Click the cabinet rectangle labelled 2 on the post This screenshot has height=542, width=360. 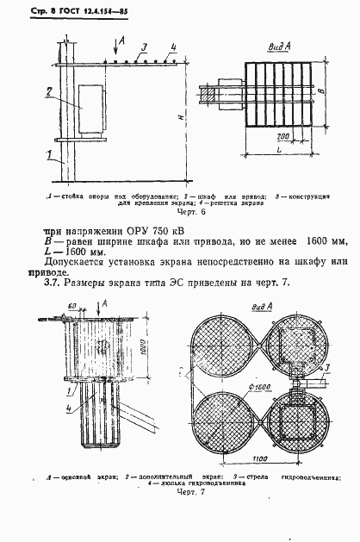(91, 107)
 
